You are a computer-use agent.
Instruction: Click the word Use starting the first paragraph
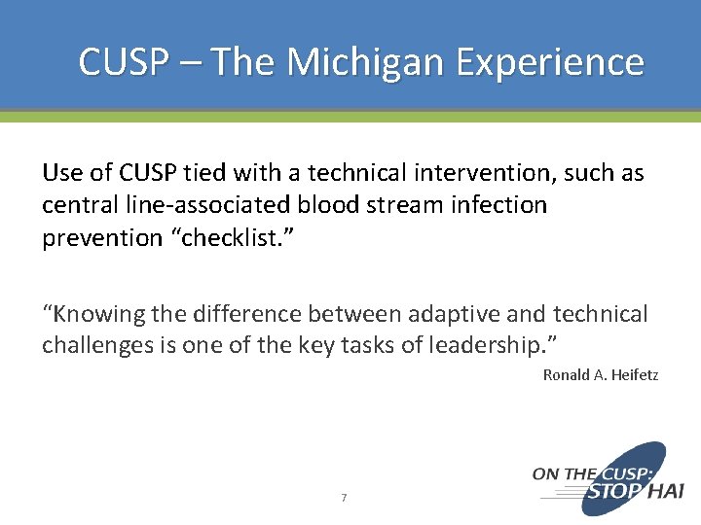click(x=60, y=173)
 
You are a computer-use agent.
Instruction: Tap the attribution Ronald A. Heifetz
click(x=600, y=374)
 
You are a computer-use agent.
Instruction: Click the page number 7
click(x=344, y=498)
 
